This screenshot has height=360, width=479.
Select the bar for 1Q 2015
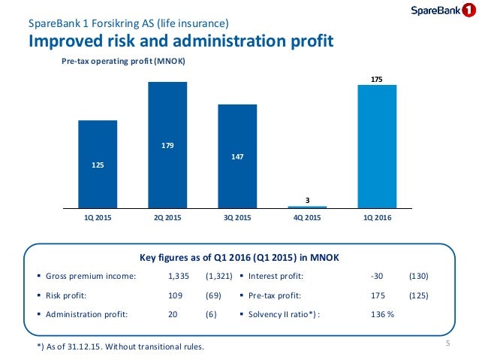98,163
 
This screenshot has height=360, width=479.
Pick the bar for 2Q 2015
167,144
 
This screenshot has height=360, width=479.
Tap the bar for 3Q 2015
237,155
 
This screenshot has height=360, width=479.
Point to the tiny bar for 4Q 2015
307,207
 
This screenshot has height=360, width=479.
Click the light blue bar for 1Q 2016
377,146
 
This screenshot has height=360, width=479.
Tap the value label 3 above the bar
307,199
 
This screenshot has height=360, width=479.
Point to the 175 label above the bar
377,78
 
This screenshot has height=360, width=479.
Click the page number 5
447,344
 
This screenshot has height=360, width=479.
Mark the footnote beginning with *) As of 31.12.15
119,346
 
